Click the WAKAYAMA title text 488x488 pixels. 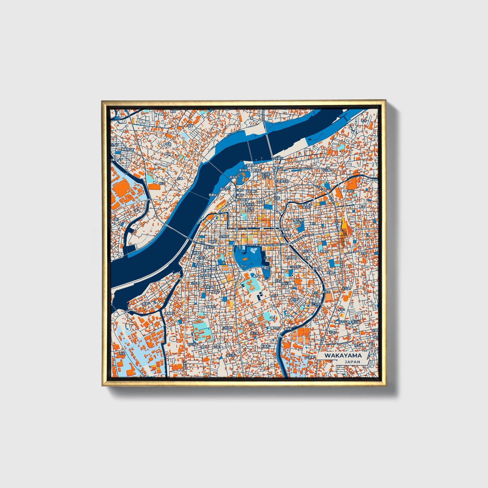[343, 356]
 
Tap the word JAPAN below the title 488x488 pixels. [352, 362]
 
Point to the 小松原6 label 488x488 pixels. [227, 328]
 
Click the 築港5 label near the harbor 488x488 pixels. [146, 304]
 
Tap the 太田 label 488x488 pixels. [363, 253]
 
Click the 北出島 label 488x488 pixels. [346, 288]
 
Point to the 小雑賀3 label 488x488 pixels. [311, 357]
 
